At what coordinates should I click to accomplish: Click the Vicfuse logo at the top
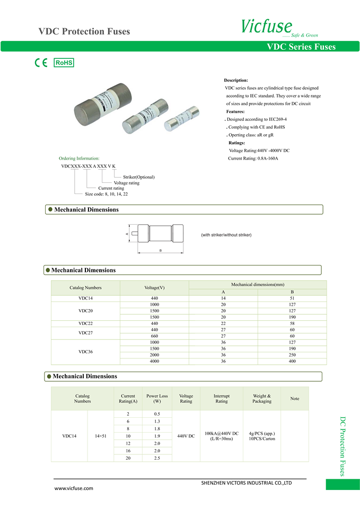click(x=267, y=26)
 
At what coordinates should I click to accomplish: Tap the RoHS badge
click(x=64, y=63)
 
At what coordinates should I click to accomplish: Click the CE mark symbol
click(x=41, y=63)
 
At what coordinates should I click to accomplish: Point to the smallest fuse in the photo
click(x=181, y=119)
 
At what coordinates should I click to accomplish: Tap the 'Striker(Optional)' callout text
click(x=139, y=177)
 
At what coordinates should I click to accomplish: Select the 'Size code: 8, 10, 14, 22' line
click(x=106, y=194)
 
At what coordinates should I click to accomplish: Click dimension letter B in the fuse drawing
click(x=161, y=250)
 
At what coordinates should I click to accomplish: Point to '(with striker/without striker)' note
click(x=226, y=234)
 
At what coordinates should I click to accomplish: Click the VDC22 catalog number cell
click(x=85, y=323)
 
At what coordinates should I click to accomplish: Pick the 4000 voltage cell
click(x=154, y=361)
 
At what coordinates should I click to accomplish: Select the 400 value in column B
click(x=292, y=361)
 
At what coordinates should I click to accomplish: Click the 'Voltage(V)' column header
click(x=154, y=288)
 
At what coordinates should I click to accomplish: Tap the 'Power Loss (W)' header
click(x=157, y=399)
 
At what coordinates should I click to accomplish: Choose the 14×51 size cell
click(x=101, y=436)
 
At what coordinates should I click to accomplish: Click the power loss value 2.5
click(x=157, y=458)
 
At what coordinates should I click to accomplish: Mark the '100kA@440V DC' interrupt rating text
click(x=222, y=433)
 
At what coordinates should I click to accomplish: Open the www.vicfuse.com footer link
click(x=74, y=488)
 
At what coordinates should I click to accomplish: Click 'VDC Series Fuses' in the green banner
click(x=301, y=47)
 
